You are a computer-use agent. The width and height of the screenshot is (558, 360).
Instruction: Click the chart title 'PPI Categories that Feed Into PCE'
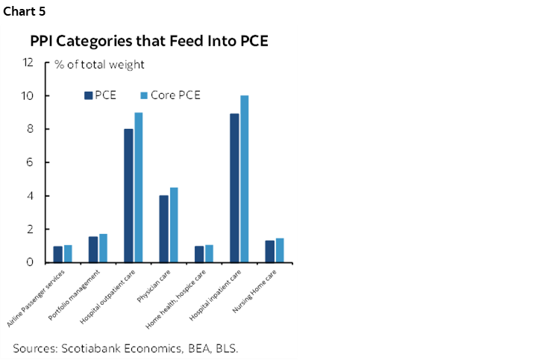(149, 41)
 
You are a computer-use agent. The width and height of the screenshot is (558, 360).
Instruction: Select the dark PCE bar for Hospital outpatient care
(128, 195)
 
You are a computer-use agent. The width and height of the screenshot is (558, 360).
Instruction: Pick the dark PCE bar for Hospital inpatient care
(234, 188)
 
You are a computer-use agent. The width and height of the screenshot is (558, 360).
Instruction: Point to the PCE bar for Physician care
(163, 229)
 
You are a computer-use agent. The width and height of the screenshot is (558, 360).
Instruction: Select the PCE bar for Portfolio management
(93, 250)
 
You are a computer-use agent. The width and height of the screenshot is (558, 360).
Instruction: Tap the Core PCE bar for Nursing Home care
(280, 250)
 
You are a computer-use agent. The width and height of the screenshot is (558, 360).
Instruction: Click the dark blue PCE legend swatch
(89, 95)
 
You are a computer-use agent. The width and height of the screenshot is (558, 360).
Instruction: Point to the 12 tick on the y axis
(29, 63)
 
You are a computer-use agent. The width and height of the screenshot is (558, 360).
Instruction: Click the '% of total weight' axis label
(99, 65)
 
